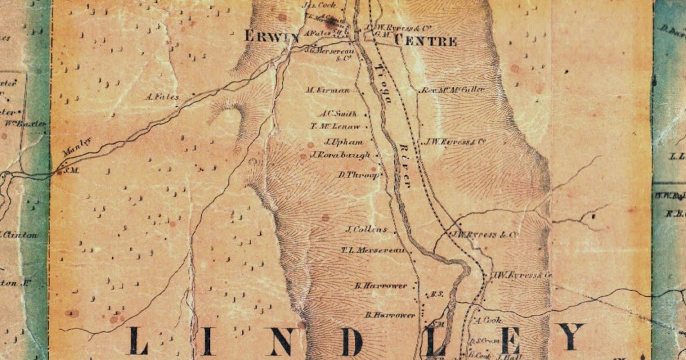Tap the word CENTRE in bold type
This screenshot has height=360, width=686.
[x=426, y=41]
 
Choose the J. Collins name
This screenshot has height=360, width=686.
[x=366, y=230]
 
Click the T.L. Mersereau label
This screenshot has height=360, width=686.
[x=373, y=250]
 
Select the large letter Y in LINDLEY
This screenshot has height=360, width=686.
[x=571, y=337]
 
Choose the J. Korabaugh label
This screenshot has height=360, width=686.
[x=340, y=155]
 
